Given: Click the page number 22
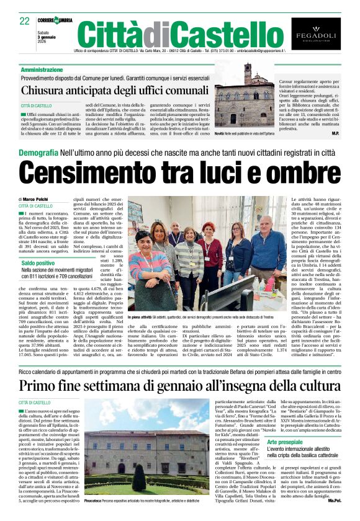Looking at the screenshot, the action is [x=25, y=21].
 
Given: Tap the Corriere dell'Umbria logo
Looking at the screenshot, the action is [x=56, y=20].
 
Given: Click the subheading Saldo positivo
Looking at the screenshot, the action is [x=37, y=264].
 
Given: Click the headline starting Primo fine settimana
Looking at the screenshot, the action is [x=179, y=386].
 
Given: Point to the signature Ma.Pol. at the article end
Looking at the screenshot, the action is [x=335, y=499].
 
